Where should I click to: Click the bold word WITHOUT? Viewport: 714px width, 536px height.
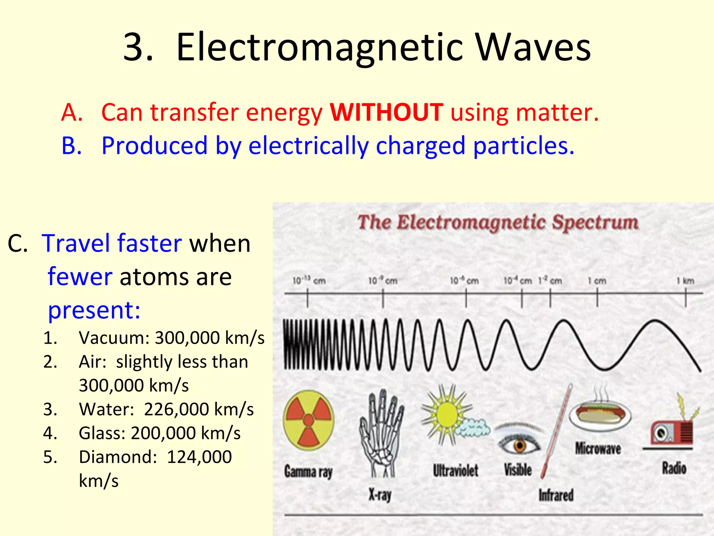coord(386,112)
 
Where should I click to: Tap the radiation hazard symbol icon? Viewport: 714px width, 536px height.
coord(309,420)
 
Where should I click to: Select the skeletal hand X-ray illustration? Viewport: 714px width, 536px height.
coord(381,433)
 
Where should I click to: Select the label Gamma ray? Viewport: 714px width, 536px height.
coord(308,472)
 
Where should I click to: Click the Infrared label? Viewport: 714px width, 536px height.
coord(556,495)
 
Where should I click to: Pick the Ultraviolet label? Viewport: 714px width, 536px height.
coord(455,471)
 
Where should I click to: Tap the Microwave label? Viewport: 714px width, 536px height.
coord(598,449)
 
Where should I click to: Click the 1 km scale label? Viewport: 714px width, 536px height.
coord(685,281)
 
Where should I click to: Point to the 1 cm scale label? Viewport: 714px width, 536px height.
coord(597,281)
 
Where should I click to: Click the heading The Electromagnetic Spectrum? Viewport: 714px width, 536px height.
coord(498,222)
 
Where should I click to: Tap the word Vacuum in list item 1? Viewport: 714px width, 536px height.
coord(114,338)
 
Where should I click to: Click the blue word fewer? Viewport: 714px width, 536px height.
coord(80,276)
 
